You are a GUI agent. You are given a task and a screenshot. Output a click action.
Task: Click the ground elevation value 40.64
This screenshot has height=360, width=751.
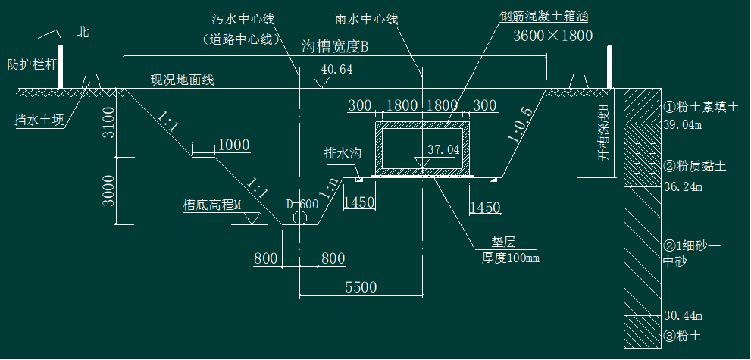[336, 70]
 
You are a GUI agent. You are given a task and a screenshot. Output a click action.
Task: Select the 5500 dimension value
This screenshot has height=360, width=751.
[361, 286]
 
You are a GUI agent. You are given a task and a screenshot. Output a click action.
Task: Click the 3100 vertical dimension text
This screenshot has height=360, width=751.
[110, 123]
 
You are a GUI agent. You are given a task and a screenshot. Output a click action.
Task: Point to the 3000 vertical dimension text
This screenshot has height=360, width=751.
[110, 190]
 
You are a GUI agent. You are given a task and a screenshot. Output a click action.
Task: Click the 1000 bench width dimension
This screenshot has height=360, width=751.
[233, 145]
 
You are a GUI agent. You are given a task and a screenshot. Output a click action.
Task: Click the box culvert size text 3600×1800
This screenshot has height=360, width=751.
[552, 36]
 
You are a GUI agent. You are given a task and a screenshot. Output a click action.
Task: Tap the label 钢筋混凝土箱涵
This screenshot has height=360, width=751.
[543, 17]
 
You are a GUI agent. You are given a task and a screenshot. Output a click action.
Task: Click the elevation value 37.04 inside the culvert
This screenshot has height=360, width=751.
[443, 150]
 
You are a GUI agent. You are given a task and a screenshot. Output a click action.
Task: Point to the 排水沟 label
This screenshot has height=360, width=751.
[342, 153]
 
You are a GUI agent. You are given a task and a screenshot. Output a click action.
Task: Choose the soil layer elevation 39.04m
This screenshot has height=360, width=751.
[683, 125]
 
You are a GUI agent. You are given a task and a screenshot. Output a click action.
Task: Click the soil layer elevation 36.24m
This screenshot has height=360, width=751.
[683, 186]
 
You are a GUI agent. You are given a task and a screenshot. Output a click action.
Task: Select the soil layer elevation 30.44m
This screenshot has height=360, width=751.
[683, 316]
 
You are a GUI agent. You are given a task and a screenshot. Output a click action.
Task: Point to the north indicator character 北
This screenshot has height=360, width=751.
[83, 32]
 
